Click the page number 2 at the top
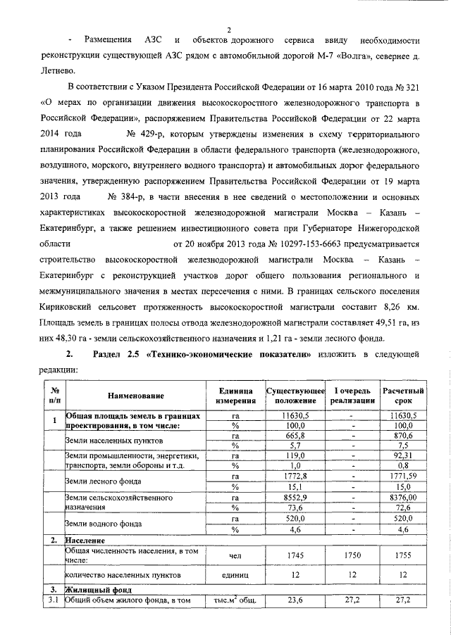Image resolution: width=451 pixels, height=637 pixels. tap(230, 29)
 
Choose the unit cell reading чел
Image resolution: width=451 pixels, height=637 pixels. tap(235, 555)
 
